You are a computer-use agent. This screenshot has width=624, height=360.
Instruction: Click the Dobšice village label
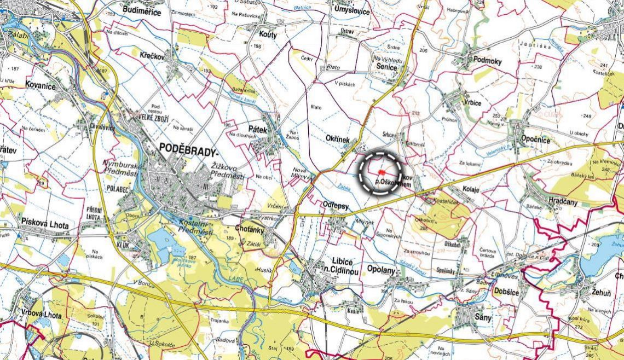click(505, 292)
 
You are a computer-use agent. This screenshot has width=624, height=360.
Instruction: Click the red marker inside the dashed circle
click(381, 172)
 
